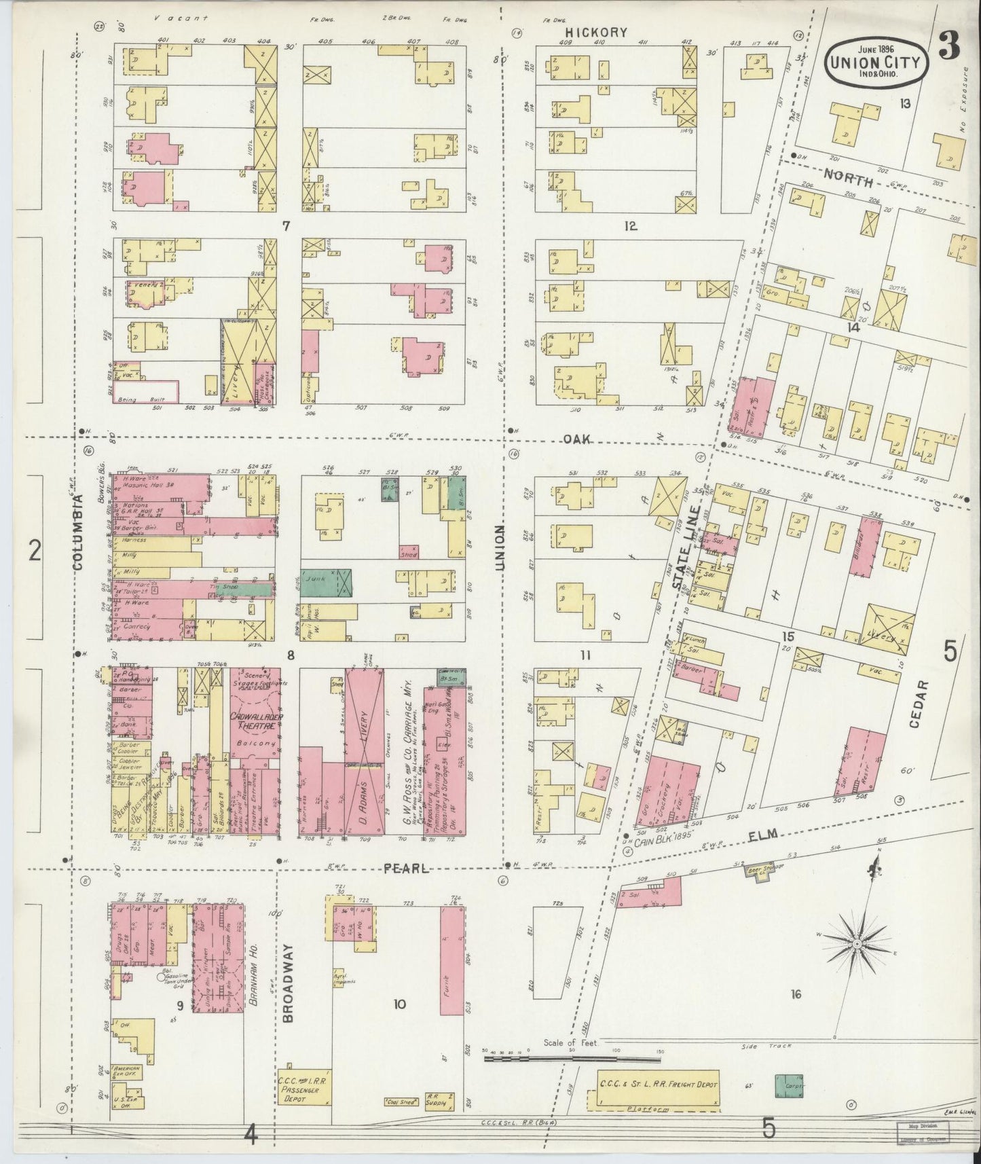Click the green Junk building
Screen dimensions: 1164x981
(326, 582)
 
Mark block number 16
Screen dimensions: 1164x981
(796, 994)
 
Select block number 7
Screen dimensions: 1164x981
(286, 225)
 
